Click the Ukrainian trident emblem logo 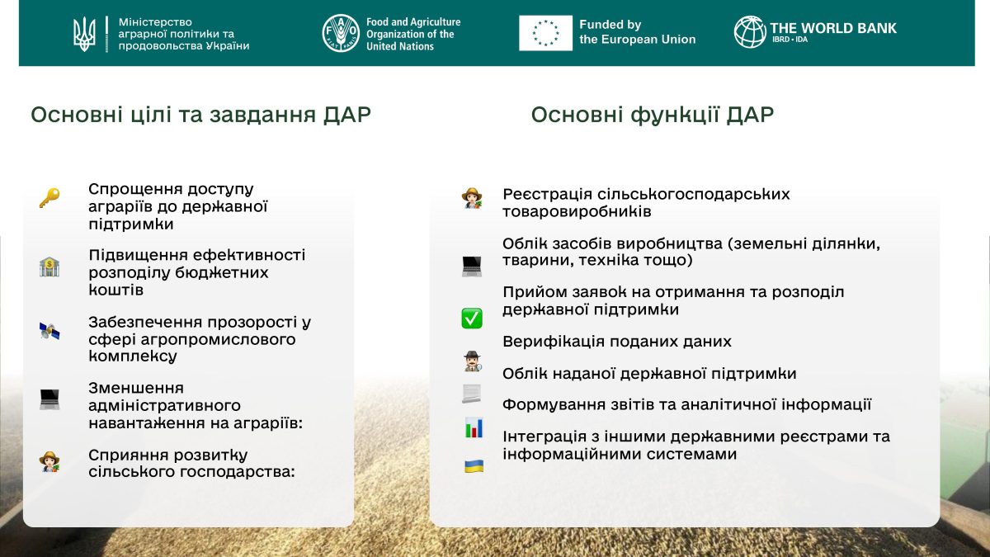point(84,33)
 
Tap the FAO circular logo point(341,33)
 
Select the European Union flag point(545,33)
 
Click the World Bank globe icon point(750,32)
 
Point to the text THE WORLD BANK point(833,27)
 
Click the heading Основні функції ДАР point(652,115)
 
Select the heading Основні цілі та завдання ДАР point(200,115)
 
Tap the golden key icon point(49,198)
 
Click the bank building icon point(49,267)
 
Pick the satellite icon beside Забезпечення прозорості point(49,332)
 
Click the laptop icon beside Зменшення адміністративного point(49,399)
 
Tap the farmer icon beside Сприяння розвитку point(49,461)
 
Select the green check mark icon point(472,318)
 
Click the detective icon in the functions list point(472,361)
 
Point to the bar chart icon point(474,428)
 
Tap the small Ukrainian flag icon point(474,466)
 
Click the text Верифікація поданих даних point(616,342)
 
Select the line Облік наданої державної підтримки point(649,374)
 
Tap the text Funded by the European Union point(637,32)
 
